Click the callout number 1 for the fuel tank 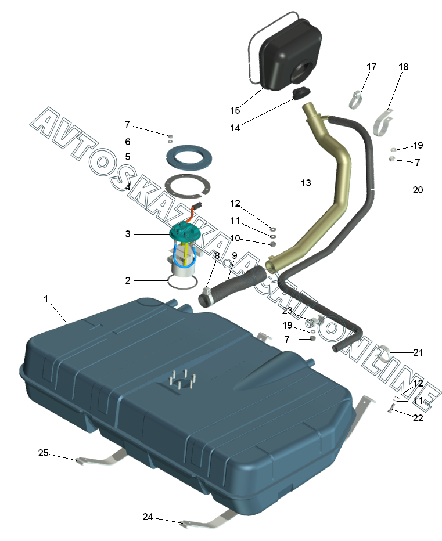pyautogui.click(x=46, y=299)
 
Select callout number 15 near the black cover pyautogui.click(x=235, y=110)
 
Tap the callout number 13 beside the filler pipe pyautogui.click(x=306, y=183)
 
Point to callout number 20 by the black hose pyautogui.click(x=418, y=190)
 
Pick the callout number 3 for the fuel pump pyautogui.click(x=127, y=234)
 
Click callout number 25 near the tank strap pyautogui.click(x=43, y=453)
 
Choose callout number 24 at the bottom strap pyautogui.click(x=148, y=516)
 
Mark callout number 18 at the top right pyautogui.click(x=403, y=67)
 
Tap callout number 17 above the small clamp pyautogui.click(x=371, y=67)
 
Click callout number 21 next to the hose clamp pyautogui.click(x=418, y=352)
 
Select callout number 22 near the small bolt pyautogui.click(x=418, y=417)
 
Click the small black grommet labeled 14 pyautogui.click(x=301, y=92)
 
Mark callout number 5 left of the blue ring pyautogui.click(x=127, y=157)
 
